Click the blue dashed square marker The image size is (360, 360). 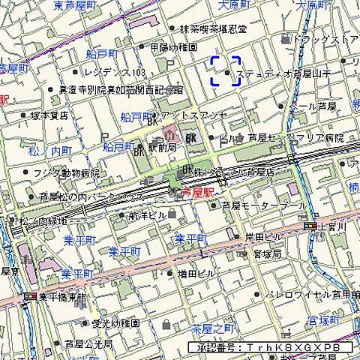point(225,71)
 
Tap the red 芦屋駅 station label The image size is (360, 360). point(198,193)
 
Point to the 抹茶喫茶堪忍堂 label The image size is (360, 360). point(212,29)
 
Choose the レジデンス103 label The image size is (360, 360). point(115,73)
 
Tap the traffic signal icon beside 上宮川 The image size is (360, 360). point(310,226)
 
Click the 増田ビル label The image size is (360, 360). point(193,274)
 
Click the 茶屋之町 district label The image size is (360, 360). point(213,328)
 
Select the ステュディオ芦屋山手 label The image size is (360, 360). point(283,73)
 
